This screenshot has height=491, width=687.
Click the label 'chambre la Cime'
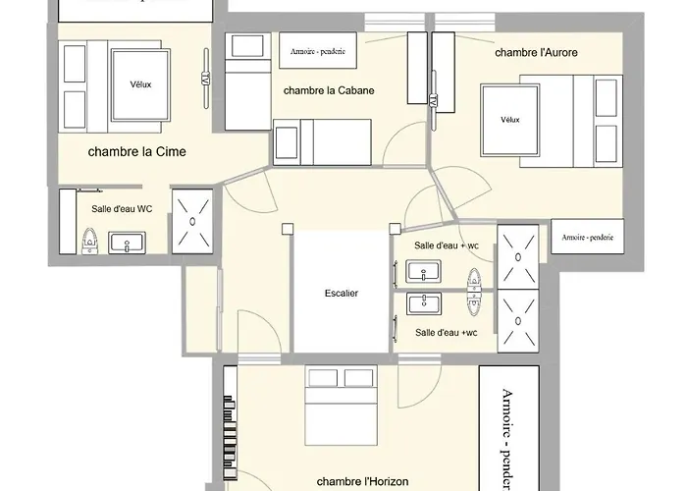point(136,151)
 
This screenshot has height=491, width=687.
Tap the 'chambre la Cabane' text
point(329,90)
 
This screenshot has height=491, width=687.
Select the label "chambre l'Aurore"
point(535,51)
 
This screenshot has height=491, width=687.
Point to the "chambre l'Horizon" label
point(362,481)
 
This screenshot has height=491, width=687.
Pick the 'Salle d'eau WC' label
point(122,208)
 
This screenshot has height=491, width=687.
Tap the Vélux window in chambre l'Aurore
point(509,120)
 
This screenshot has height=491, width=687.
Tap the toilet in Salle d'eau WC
point(89,240)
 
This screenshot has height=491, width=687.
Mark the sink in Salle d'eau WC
point(127,242)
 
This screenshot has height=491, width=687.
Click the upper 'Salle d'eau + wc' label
point(446,245)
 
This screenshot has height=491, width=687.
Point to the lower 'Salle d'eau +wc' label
point(446,333)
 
